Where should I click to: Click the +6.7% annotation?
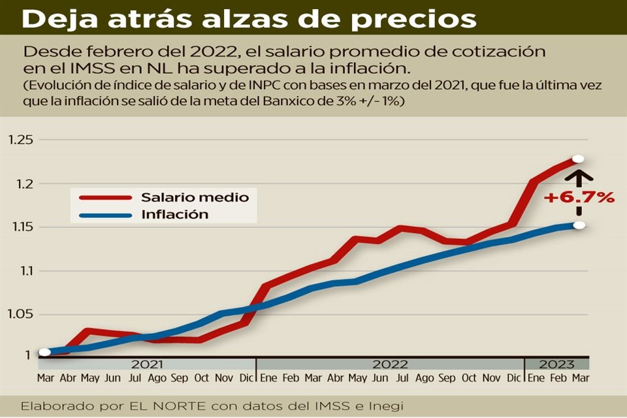[579, 197]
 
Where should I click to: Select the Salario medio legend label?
[195, 196]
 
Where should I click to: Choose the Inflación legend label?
[174, 214]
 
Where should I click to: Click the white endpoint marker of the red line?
[578, 159]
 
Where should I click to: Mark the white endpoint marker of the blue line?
[578, 226]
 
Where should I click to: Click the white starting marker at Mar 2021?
[44, 352]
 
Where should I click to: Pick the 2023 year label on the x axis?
[556, 364]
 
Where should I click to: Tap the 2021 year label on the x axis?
[148, 364]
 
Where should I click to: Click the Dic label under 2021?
[246, 378]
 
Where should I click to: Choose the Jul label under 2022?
[402, 378]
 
